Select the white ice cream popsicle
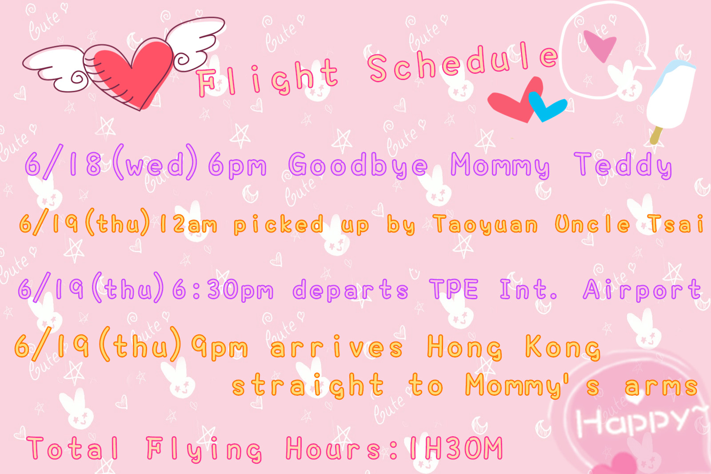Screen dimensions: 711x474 (x=670, y=95)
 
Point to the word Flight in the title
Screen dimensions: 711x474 (x=267, y=78)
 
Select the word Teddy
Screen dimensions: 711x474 (x=623, y=165)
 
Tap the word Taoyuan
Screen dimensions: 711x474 (x=486, y=225)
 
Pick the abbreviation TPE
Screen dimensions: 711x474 (x=454, y=289)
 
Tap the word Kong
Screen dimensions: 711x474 (x=563, y=348)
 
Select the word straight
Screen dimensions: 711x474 (x=308, y=385)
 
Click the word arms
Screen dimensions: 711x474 (x=662, y=386)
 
